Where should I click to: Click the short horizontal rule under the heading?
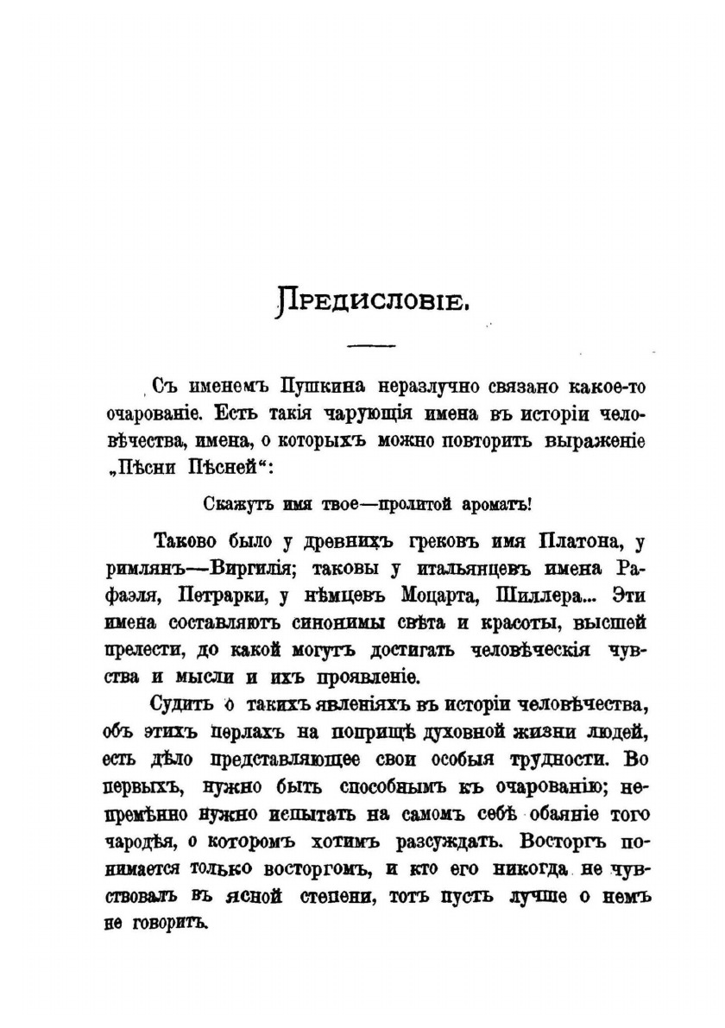click(369, 347)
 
